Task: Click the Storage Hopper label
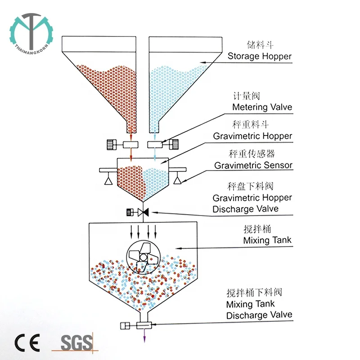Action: pos(259,56)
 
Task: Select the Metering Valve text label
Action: pos(262,107)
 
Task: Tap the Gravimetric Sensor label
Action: pos(253,165)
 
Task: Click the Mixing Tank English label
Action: pos(267,240)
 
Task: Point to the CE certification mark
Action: pos(26,342)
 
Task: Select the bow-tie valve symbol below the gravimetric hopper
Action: pos(144,211)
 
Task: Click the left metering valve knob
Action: pos(112,144)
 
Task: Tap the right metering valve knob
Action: pos(174,144)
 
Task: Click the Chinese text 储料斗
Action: pos(261,45)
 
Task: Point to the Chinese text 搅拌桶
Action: pos(257,229)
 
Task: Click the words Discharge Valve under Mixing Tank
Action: pos(259,315)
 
